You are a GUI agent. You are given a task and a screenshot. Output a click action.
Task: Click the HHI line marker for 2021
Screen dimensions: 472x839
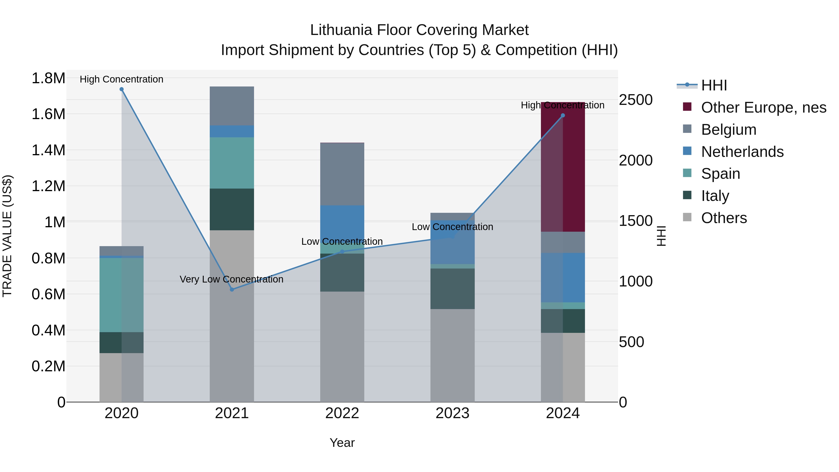232,289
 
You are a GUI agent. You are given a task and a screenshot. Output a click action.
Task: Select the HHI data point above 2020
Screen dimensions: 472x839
121,89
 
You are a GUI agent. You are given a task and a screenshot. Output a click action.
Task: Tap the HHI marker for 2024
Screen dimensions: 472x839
563,115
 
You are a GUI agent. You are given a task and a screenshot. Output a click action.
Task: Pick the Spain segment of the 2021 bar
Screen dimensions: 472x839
232,163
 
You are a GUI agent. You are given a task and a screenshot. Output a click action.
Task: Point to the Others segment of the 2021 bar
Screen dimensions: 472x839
232,316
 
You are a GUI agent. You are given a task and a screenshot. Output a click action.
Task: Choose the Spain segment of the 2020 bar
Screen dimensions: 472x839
111,295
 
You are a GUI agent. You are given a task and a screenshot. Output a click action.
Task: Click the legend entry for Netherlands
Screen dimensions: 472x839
742,152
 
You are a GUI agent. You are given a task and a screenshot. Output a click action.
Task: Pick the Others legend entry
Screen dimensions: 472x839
724,218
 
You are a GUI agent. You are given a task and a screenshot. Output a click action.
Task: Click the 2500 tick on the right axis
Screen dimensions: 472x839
636,100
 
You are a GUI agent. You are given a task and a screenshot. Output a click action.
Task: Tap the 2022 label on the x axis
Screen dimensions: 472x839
342,413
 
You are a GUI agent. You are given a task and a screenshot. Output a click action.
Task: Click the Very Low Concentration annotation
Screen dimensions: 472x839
232,279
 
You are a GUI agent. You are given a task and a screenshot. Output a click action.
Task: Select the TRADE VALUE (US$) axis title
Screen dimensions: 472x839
7,236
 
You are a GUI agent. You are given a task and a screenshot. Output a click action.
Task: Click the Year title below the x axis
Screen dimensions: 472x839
342,443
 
